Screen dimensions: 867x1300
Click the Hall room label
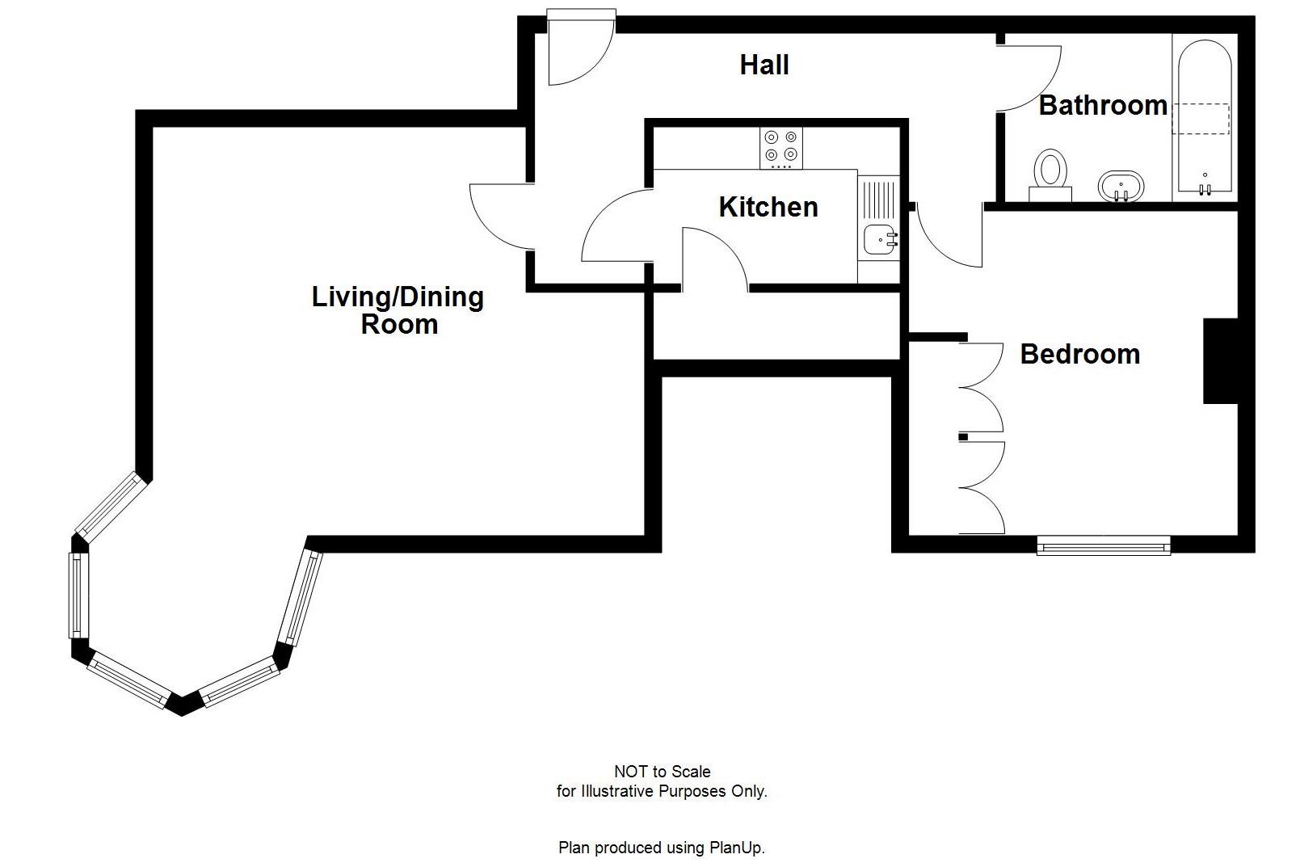click(x=764, y=65)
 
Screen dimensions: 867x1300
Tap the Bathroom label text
click(x=1102, y=105)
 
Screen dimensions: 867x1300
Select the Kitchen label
click(x=768, y=207)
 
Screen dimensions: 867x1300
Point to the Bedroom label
click(x=1079, y=354)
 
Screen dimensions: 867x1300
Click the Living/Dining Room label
click(x=398, y=310)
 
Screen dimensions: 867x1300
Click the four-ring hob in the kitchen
click(x=780, y=148)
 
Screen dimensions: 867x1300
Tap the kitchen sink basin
click(x=877, y=239)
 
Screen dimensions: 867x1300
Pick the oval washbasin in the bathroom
click(x=1121, y=187)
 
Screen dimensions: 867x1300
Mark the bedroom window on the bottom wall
click(x=1103, y=547)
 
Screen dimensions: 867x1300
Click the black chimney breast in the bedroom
click(x=1220, y=361)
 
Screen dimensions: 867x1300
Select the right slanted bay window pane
click(x=301, y=598)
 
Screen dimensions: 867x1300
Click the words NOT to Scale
click(x=662, y=772)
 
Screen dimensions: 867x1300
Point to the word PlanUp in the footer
click(x=734, y=848)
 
